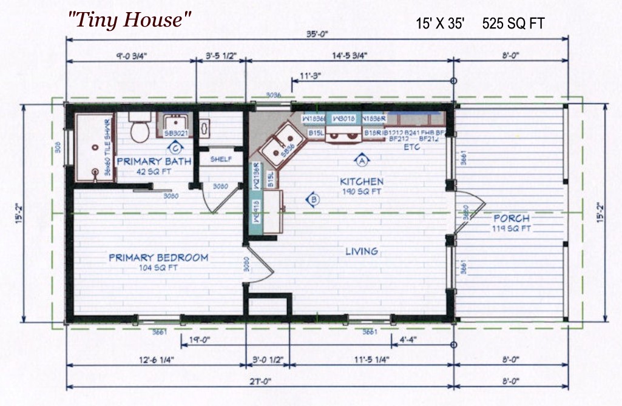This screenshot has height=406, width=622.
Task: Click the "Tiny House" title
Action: coord(130,20)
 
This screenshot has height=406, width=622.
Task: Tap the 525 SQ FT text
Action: coord(513,24)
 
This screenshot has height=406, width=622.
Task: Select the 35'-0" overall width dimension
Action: coord(317,35)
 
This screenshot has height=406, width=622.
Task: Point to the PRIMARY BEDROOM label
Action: coord(158,258)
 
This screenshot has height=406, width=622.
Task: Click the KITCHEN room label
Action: coord(361,181)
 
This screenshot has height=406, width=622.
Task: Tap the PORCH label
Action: coord(511,218)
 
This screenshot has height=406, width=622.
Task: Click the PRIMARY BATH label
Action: coord(154,161)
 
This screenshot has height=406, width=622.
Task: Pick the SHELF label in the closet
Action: coord(221,159)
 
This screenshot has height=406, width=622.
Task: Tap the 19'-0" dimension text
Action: coord(200,340)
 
